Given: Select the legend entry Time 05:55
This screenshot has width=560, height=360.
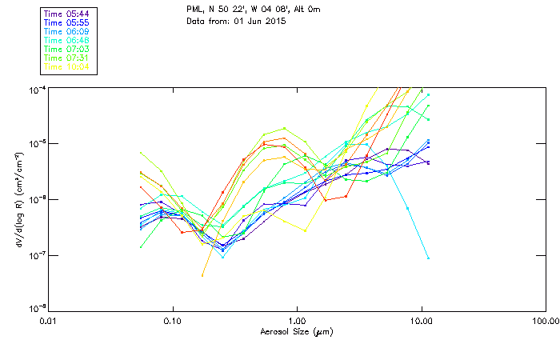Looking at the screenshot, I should coord(67,22).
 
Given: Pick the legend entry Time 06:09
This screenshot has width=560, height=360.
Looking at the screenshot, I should coord(67,30).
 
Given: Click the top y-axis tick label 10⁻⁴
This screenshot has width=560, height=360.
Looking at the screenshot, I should coord(37,87).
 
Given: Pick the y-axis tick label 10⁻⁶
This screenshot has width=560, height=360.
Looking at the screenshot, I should coord(37,199).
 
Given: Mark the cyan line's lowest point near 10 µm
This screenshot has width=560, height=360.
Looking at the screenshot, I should coord(428,258).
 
